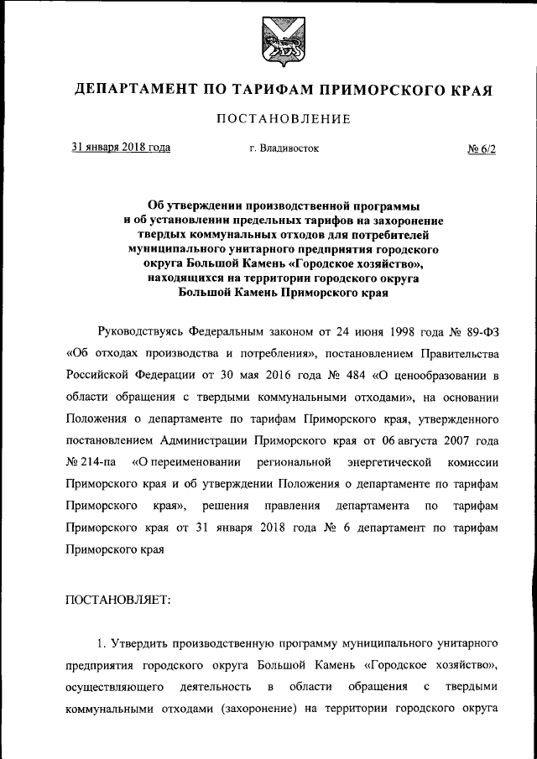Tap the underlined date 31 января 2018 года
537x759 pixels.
point(121,148)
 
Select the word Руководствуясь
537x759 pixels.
point(139,325)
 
